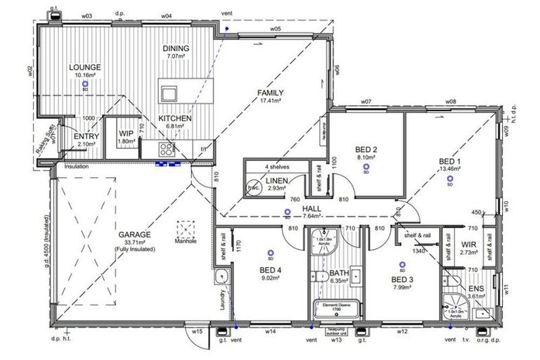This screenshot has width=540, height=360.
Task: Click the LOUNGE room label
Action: (85, 67)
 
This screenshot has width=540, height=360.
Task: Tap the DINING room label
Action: (176, 48)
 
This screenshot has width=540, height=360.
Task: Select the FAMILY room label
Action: (270, 93)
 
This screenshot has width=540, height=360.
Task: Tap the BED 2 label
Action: (366, 149)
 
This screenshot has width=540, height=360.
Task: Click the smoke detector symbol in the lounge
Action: (85, 82)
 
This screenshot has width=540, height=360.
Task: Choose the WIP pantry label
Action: (127, 133)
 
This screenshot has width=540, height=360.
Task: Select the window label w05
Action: (274, 29)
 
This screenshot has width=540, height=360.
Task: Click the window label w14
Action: (270, 330)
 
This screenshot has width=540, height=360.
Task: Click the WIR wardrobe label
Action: (468, 245)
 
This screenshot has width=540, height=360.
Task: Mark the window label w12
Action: (403, 330)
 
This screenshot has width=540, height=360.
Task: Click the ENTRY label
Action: (86, 136)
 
